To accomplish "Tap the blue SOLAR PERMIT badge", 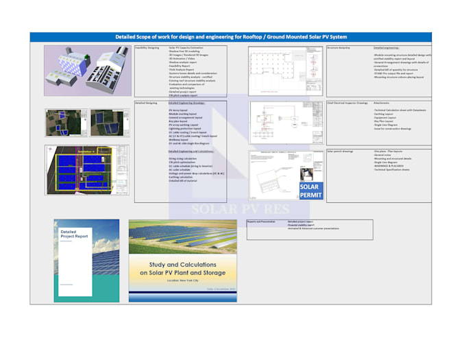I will click(x=310, y=191).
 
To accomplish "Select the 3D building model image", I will click(x=86, y=71).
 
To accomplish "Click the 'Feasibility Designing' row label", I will click(x=146, y=48).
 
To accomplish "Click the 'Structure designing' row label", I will click(x=339, y=48).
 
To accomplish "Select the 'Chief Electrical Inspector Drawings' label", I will click(x=347, y=103).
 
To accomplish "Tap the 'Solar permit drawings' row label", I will click(x=341, y=151).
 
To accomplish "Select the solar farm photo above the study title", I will click(x=182, y=237).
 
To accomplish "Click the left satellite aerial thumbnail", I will click(x=66, y=123).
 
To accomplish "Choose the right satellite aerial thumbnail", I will click(x=110, y=123).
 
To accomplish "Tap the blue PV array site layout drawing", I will click(x=88, y=169).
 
